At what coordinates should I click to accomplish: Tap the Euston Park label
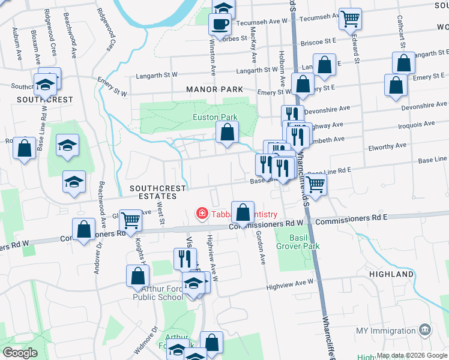215,118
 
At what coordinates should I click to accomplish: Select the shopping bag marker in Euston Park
227,133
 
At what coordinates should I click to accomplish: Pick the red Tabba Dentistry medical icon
202,214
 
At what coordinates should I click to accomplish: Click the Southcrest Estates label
158,193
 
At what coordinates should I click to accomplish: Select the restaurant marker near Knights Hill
184,258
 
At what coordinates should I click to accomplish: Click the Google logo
20,353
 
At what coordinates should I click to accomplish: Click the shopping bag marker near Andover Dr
83,229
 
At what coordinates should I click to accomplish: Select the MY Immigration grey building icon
425,329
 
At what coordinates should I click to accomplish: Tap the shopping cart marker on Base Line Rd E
315,185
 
